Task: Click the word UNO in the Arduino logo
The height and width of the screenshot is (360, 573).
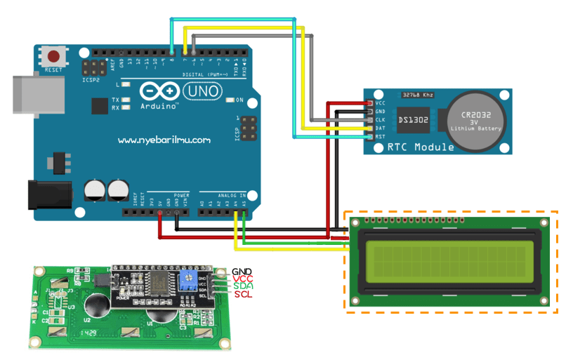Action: pos(202,91)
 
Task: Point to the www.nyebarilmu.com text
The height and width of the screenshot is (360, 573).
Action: pos(164,140)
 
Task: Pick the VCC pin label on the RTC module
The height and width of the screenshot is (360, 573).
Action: pos(381,103)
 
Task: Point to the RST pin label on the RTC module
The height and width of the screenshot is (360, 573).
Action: pos(381,136)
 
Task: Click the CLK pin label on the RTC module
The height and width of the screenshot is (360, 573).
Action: pos(381,120)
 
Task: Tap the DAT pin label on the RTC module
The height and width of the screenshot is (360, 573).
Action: pos(381,128)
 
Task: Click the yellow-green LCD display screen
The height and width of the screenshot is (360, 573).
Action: pos(449,260)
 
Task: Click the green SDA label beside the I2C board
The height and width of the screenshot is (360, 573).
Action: pos(243,286)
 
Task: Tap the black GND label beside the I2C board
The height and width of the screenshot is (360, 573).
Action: pos(243,272)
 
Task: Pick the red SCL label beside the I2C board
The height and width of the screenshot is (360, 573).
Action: pos(243,293)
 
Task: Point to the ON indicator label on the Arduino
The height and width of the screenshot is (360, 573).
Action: pos(240,100)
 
